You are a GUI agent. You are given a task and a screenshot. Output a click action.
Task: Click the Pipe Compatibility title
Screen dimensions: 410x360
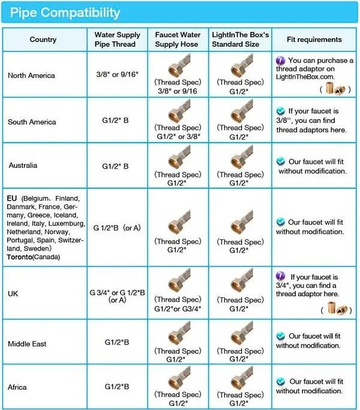pos(65,12)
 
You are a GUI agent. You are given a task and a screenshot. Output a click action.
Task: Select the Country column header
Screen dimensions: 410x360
pos(43,40)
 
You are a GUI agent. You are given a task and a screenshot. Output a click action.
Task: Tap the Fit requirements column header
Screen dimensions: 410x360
pos(314,40)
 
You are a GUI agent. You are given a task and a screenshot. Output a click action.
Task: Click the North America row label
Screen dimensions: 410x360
pos(32,76)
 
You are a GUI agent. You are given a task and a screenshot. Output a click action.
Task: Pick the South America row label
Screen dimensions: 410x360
pos(32,122)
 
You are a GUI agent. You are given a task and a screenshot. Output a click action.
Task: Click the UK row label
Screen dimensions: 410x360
pos(14,293)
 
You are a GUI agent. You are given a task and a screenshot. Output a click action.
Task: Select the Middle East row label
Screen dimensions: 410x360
pos(27,343)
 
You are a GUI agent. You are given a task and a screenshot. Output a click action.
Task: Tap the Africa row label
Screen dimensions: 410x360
pos(17,387)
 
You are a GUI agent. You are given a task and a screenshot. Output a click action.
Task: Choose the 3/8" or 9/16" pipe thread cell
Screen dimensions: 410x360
pos(117,74)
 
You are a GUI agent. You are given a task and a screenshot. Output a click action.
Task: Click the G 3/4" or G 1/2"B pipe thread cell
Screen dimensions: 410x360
pos(117,296)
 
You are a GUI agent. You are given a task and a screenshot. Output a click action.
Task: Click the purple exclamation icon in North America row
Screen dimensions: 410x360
pos(280,61)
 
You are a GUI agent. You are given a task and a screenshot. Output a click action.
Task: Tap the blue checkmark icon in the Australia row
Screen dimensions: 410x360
pos(280,161)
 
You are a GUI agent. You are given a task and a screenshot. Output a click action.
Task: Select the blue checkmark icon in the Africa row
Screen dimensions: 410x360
pos(280,381)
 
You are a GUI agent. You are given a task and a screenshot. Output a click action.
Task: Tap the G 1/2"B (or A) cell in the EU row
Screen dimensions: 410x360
pos(117,228)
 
